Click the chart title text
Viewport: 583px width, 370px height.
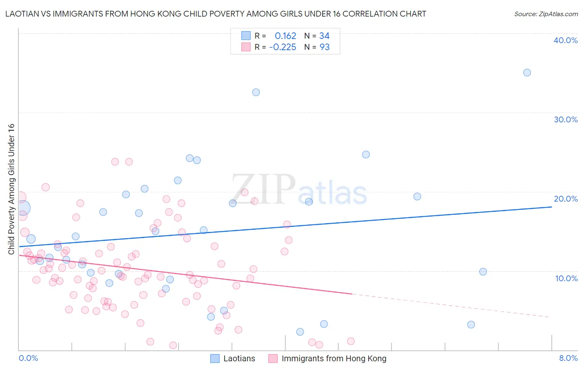[216, 14]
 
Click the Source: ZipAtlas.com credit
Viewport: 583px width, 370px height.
[546, 14]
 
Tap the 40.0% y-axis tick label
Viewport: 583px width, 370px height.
[566, 40]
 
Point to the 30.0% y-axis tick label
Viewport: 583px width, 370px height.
[566, 119]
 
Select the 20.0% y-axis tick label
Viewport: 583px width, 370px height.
[566, 199]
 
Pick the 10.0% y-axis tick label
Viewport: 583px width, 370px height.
[566, 278]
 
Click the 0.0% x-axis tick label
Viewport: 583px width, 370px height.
[28, 358]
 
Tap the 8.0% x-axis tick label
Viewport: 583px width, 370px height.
[568, 358]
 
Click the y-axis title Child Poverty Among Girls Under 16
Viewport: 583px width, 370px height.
[11, 189]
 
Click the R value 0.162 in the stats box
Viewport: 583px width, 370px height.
[285, 36]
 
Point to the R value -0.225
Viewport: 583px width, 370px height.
[282, 47]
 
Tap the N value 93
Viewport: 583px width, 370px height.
[324, 47]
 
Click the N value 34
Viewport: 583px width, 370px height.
[324, 36]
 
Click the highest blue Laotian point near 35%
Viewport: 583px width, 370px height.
[527, 73]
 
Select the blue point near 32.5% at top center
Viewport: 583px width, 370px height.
[256, 92]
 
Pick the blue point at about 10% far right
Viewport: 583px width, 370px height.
[483, 272]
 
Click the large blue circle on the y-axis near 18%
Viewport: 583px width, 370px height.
[22, 208]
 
